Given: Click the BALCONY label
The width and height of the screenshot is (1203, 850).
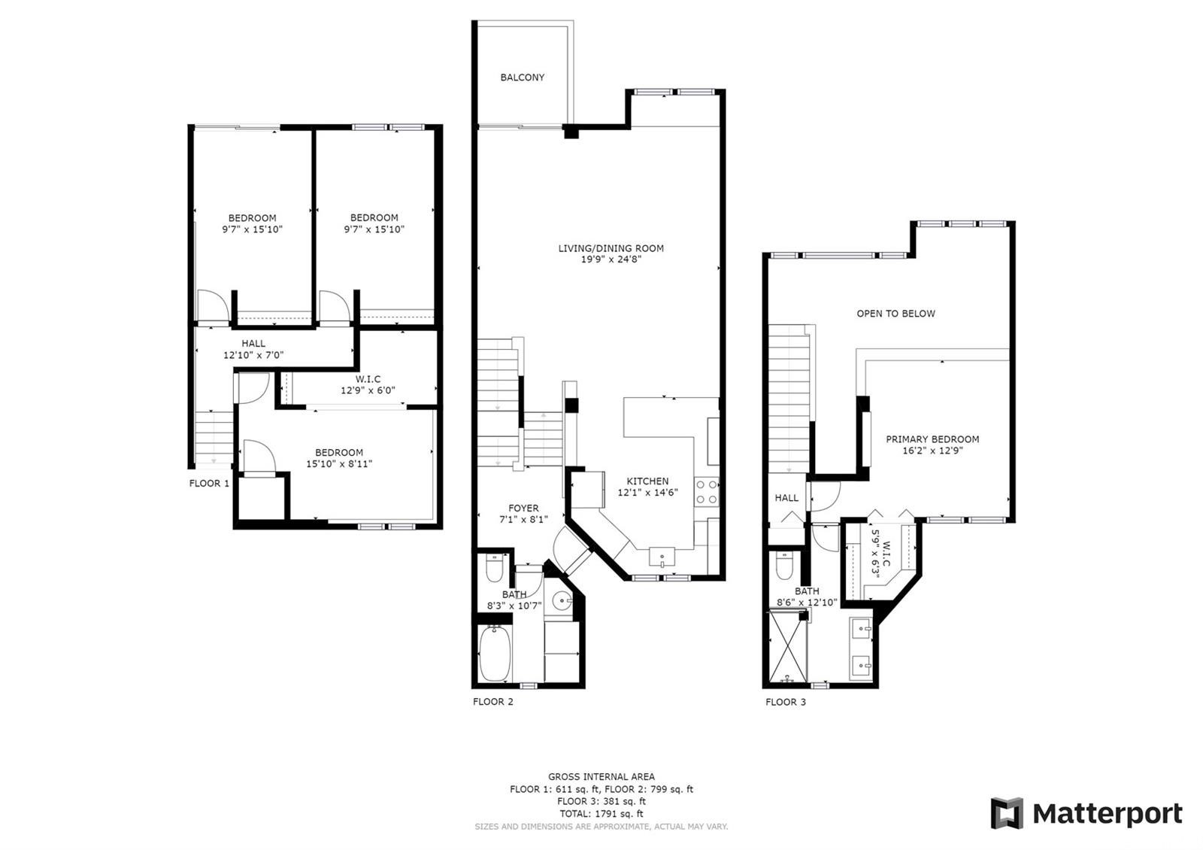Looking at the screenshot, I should [x=523, y=77].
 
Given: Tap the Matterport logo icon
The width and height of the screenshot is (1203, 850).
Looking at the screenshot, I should [x=1007, y=813].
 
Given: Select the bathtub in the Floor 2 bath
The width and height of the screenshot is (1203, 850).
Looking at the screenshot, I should [x=495, y=654].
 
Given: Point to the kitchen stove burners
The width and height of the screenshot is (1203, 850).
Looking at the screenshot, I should [x=707, y=490].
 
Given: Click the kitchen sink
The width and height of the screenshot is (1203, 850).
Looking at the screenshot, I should [x=662, y=557].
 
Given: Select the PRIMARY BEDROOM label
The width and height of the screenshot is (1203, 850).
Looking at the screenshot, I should [x=932, y=439].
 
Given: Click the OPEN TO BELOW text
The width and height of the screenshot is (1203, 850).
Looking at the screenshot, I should [x=895, y=314].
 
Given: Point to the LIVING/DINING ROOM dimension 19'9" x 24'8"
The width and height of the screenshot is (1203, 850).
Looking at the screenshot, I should [x=611, y=260].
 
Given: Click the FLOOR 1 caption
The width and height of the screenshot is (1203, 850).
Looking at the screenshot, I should [x=209, y=484].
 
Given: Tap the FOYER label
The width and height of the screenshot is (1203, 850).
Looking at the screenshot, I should [x=523, y=508].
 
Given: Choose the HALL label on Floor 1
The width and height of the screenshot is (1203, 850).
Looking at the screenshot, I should [x=253, y=343].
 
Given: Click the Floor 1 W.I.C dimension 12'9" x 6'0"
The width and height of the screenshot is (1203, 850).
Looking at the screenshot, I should [x=368, y=390].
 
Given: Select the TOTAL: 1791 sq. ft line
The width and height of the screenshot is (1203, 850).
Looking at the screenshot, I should [x=601, y=814].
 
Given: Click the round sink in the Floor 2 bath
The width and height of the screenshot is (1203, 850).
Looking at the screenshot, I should [x=562, y=601].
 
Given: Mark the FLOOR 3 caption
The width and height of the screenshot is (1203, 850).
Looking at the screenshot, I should [x=786, y=703].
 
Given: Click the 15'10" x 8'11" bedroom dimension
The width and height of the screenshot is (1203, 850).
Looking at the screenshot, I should [x=339, y=464].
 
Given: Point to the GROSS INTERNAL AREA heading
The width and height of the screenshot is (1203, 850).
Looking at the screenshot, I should [x=601, y=776].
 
